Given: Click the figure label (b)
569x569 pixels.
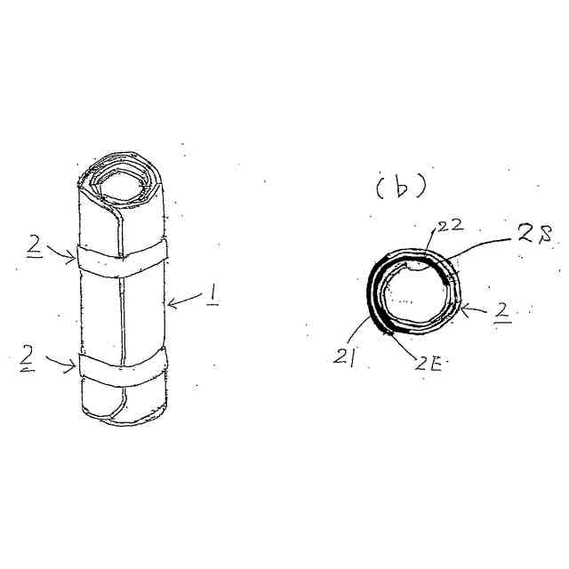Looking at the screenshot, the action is tap(401, 188).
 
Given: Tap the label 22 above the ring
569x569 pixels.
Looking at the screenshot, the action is tap(451, 225).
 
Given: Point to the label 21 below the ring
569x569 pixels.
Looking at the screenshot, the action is tap(344, 358).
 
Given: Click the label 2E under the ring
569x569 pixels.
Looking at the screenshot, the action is tap(429, 364).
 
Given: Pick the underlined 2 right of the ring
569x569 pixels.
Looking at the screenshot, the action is tap(503, 312).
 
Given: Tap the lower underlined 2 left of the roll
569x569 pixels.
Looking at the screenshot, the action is tap(28, 358).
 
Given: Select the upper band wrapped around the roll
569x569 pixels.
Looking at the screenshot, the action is tap(122, 258).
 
